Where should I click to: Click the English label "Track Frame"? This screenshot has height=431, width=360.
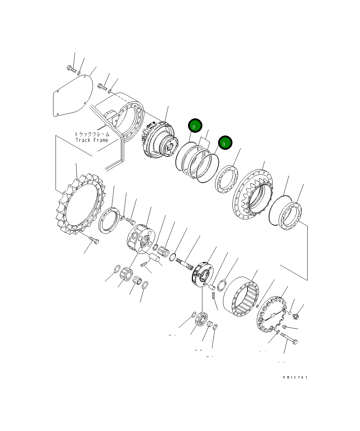(x=92, y=140)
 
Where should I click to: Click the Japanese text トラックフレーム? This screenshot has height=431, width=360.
(x=92, y=134)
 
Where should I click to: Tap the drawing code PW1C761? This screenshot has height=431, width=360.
(x=295, y=377)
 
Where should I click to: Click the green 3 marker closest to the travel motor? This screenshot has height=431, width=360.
(x=195, y=126)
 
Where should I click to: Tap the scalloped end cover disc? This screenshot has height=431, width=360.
(x=271, y=315)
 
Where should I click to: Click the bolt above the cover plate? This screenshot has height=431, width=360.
(x=71, y=68)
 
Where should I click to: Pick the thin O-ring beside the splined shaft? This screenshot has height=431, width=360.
(x=172, y=258)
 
